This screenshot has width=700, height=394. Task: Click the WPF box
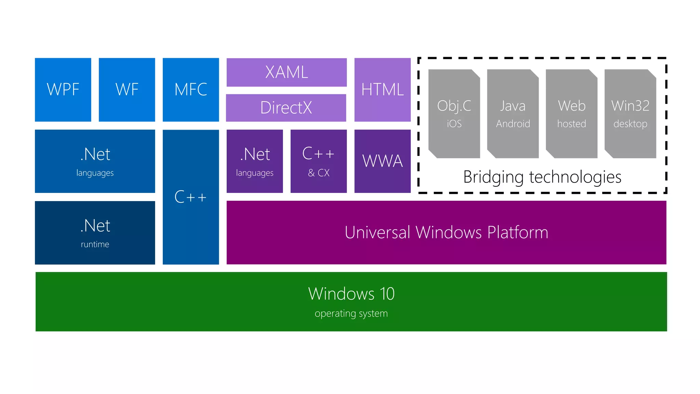(x=63, y=90)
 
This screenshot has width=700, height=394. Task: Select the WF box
(x=127, y=90)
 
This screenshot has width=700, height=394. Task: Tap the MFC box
(x=191, y=90)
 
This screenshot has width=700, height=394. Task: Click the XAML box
(x=286, y=72)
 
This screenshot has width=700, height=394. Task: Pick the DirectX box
(x=286, y=108)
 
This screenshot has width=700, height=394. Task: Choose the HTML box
(x=382, y=90)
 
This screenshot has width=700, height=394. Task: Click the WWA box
(x=382, y=161)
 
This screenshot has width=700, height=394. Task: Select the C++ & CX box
(x=319, y=161)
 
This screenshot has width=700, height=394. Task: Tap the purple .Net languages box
(x=255, y=161)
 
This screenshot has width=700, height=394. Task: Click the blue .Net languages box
(x=95, y=161)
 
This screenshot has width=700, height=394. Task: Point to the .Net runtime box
(x=95, y=233)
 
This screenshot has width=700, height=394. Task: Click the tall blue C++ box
(x=191, y=197)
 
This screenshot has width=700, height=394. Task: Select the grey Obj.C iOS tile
(x=454, y=114)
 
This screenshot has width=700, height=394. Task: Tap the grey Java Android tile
(x=513, y=114)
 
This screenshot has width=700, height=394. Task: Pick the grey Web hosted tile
(x=571, y=114)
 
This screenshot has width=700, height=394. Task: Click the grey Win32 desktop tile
(x=630, y=114)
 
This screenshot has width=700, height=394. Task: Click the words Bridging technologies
(x=542, y=177)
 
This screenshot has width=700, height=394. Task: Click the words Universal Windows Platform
(x=446, y=233)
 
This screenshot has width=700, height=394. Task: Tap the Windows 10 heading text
(x=351, y=294)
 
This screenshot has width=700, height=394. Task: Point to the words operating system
(x=351, y=313)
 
